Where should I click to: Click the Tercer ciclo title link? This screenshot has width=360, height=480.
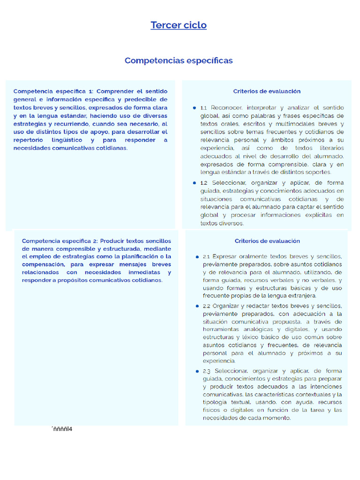click(x=179, y=25)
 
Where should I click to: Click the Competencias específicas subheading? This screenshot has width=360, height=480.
click(x=179, y=60)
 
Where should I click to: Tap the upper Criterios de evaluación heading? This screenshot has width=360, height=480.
click(x=267, y=91)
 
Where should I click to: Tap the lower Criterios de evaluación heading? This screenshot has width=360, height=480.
click(x=267, y=241)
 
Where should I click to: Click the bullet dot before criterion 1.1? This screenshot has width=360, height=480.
click(x=194, y=108)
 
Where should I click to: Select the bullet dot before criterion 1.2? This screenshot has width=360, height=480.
click(x=194, y=183)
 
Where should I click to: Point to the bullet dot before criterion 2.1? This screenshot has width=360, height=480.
click(x=197, y=257)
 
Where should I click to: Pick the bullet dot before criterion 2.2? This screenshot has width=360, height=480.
click(x=197, y=306)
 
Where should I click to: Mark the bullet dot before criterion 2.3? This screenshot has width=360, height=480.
click(x=197, y=371)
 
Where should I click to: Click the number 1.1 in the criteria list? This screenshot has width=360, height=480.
click(x=203, y=108)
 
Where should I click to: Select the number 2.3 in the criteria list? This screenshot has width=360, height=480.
click(x=207, y=371)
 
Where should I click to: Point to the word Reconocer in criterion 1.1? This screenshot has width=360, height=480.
click(x=227, y=108)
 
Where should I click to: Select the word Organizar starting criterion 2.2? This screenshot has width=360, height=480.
click(x=227, y=306)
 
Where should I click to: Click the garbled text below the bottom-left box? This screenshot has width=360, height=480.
click(x=61, y=428)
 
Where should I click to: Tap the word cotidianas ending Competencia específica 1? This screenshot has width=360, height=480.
click(x=111, y=148)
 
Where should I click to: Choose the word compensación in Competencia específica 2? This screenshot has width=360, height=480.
click(x=43, y=264)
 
